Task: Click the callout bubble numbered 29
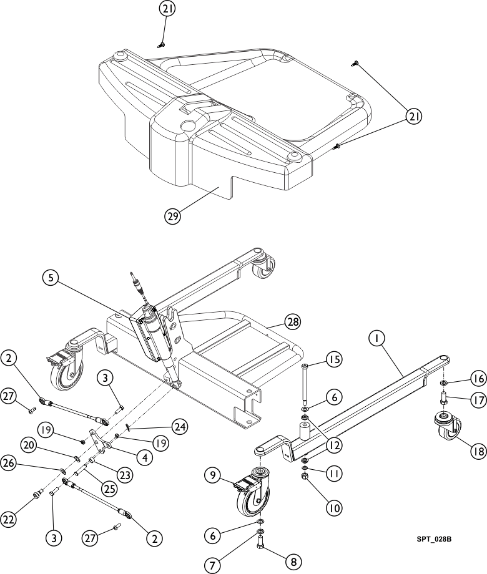(172, 216)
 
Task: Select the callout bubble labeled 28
(293, 322)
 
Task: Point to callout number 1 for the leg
(376, 338)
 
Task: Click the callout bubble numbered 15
(333, 359)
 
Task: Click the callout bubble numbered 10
(333, 508)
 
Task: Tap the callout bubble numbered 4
(144, 457)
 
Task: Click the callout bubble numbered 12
(333, 445)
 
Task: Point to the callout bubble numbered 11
(333, 474)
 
